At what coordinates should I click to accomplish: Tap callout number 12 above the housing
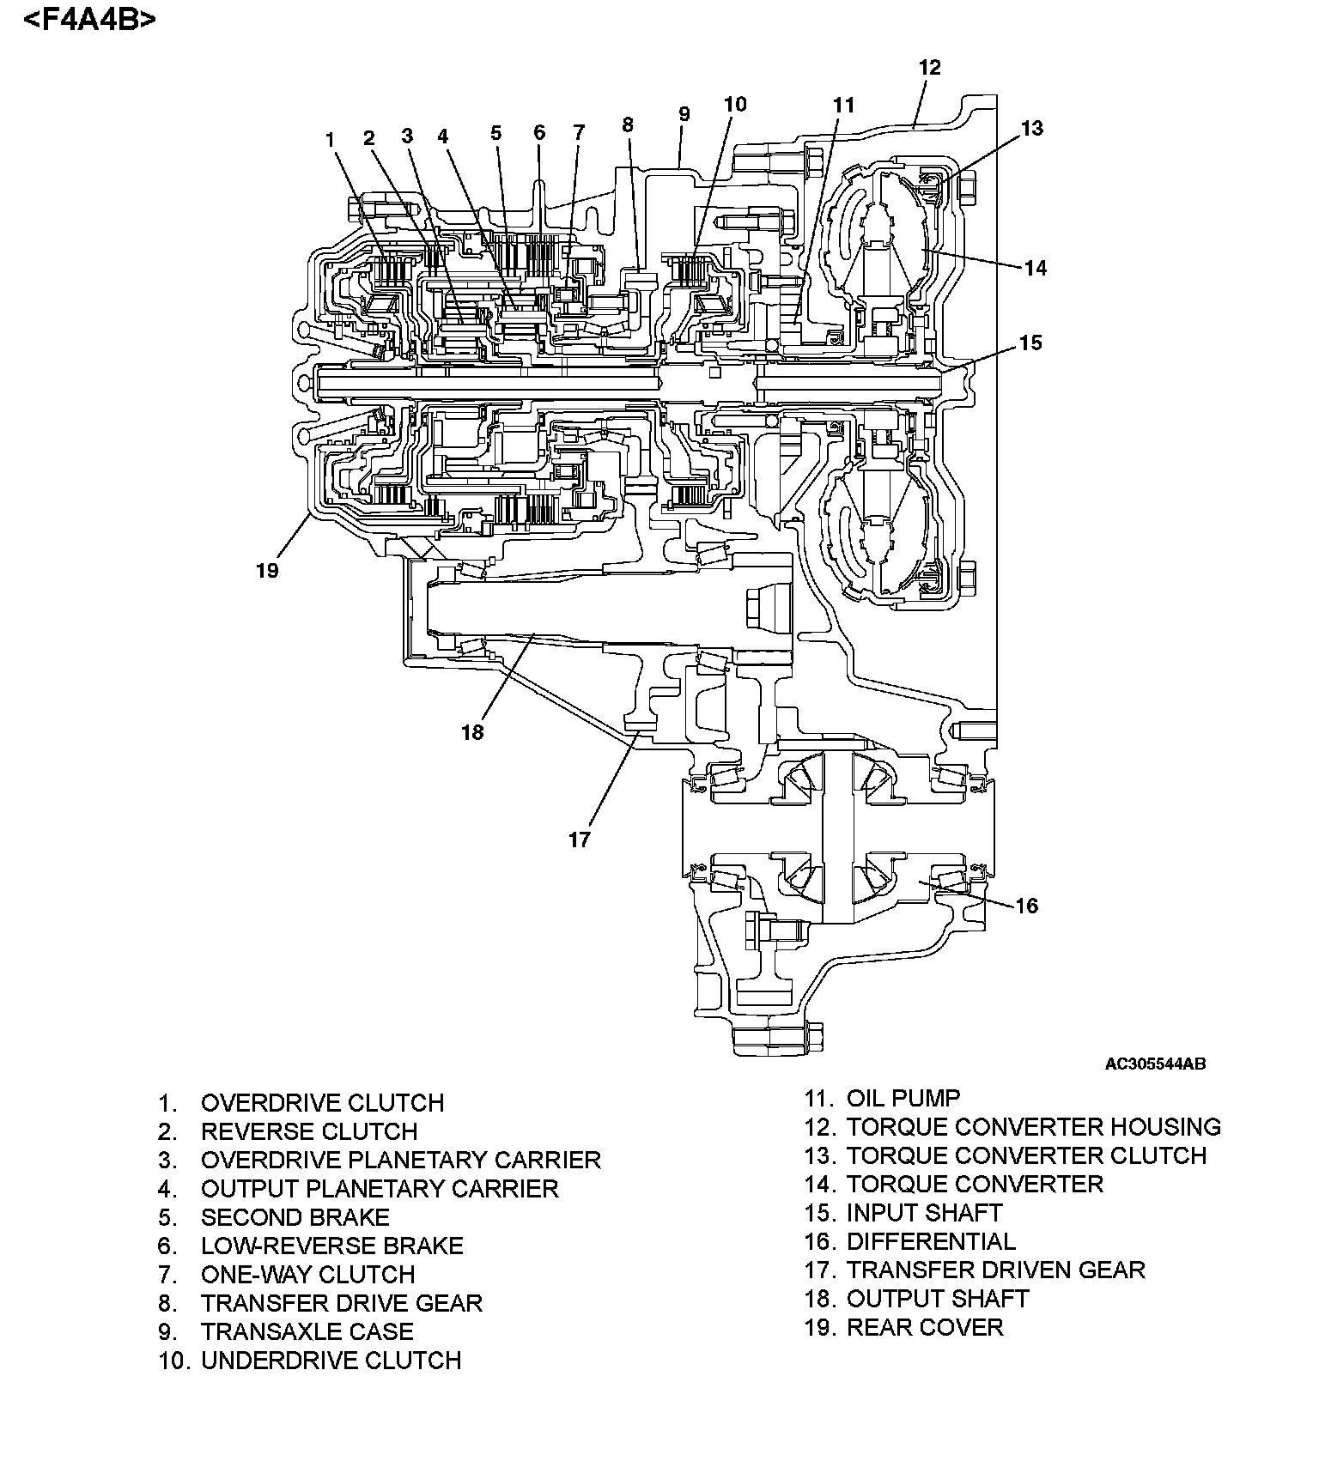coord(929,68)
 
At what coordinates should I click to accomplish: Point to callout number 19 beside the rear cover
coord(267,570)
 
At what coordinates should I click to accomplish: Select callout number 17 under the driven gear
coord(580,840)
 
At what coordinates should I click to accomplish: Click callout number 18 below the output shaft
coord(472,732)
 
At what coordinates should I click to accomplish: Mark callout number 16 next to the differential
coord(1026,906)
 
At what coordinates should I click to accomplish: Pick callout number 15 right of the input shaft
coord(1030,343)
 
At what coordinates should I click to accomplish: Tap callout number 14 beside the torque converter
coord(1036,268)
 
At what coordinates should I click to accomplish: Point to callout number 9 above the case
coord(684,114)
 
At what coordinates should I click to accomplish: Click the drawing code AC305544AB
coord(1155,1064)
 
